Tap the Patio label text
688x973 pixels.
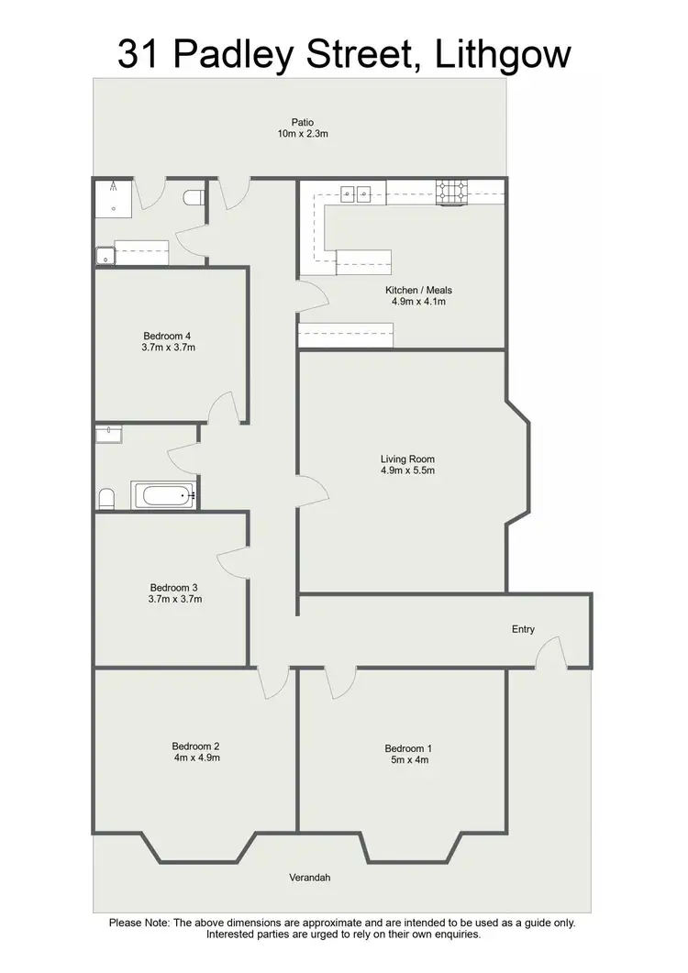click(x=303, y=122)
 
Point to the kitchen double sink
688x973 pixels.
click(x=356, y=193)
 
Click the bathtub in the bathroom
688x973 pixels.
click(x=165, y=496)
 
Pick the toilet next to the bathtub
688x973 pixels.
click(x=106, y=498)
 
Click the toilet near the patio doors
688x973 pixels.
click(x=193, y=197)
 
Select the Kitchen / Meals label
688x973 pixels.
click(x=418, y=291)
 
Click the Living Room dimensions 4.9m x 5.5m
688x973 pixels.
click(x=407, y=470)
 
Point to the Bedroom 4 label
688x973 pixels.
click(x=166, y=336)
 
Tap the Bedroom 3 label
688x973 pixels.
click(x=173, y=588)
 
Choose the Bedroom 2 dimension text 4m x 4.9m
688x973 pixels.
click(x=196, y=757)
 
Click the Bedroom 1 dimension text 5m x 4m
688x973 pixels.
click(x=406, y=759)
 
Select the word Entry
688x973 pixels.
click(x=523, y=629)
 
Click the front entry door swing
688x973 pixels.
click(x=550, y=653)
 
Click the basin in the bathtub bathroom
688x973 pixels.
click(x=108, y=433)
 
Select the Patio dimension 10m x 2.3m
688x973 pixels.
click(x=303, y=134)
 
